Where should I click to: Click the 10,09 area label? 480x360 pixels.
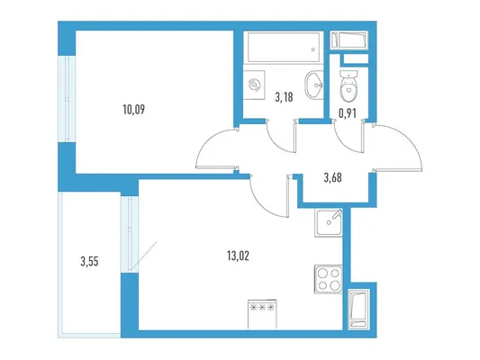tap(133, 109)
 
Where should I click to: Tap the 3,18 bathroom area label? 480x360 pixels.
tap(284, 97)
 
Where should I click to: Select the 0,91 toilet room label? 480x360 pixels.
tap(347, 113)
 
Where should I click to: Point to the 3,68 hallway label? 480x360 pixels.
tap(332, 177)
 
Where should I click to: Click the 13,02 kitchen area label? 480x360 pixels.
tap(238, 256)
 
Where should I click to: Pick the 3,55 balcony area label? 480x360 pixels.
tap(89, 262)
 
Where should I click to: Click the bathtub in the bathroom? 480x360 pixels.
tap(284, 47)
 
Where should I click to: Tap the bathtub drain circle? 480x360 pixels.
tap(312, 49)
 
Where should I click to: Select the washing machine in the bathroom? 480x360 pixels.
tap(254, 85)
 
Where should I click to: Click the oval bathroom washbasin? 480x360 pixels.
tap(314, 85)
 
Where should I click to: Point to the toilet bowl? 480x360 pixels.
tap(349, 86)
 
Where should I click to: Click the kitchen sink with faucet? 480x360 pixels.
tap(329, 222)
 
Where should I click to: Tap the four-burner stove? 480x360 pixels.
tap(328, 279)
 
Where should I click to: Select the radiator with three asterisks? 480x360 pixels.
tap(262, 314)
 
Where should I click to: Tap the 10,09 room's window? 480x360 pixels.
tap(67, 99)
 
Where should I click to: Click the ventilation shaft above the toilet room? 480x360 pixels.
tap(349, 40)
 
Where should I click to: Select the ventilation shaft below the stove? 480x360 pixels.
tap(358, 309)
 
